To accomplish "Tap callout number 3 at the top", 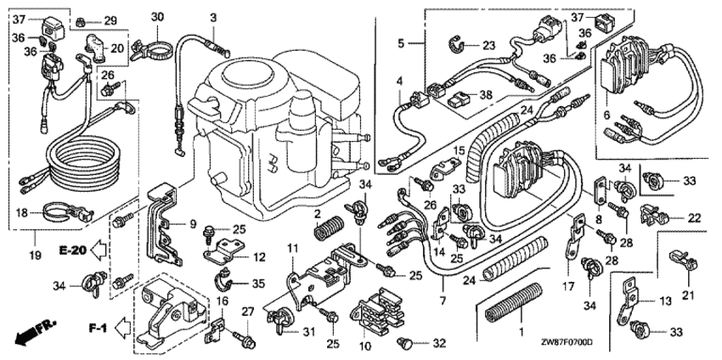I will tap(214, 17).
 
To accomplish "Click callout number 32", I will tap(438, 345).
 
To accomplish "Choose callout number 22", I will tap(693, 218).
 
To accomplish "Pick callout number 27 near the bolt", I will tap(248, 312).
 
